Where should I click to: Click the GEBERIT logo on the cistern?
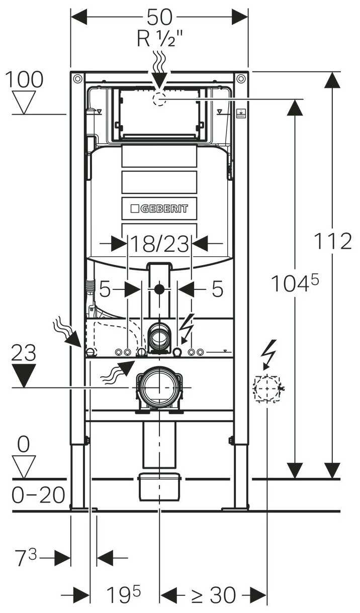coord(159,208)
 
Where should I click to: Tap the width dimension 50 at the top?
coord(159,17)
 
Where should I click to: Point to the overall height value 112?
coord(332,242)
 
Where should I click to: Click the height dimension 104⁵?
coord(295,284)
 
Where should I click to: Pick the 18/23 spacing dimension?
coord(159,244)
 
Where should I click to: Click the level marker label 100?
coord(24,79)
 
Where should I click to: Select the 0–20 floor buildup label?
coord(38,495)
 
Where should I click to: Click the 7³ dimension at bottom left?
coord(25,558)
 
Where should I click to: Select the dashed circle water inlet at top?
coord(159,99)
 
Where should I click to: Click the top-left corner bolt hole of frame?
coord(77,79)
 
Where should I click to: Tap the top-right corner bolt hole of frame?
coord(241,79)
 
